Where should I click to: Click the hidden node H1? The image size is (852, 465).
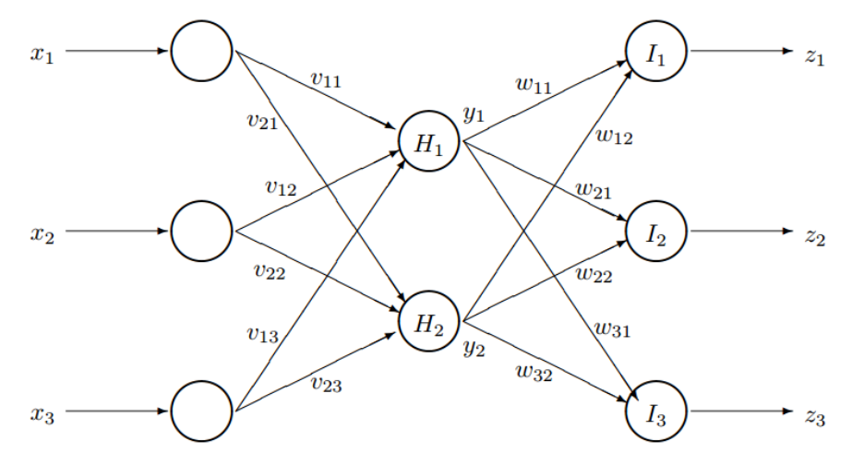pyautogui.click(x=429, y=142)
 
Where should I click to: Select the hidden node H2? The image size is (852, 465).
pyautogui.click(x=429, y=322)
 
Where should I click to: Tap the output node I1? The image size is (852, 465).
pyautogui.click(x=656, y=52)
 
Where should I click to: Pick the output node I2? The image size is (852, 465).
pyautogui.click(x=656, y=232)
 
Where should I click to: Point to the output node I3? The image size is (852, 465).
pyautogui.click(x=656, y=411)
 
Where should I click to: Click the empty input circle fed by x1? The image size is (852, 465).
pyautogui.click(x=201, y=52)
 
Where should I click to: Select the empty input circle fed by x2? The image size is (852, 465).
pyautogui.click(x=201, y=232)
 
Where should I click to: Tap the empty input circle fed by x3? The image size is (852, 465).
pyautogui.click(x=201, y=411)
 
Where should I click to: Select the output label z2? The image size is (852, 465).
pyautogui.click(x=814, y=235)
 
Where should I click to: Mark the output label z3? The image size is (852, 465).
pyautogui.click(x=814, y=416)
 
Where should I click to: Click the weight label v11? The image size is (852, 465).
pyautogui.click(x=326, y=79)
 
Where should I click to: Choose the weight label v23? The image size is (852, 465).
pyautogui.click(x=326, y=384)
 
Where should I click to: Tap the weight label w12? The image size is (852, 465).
pyautogui.click(x=614, y=137)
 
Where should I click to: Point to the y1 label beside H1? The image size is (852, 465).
pyautogui.click(x=474, y=114)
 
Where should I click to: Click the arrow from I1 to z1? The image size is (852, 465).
pyautogui.click(x=738, y=52)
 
